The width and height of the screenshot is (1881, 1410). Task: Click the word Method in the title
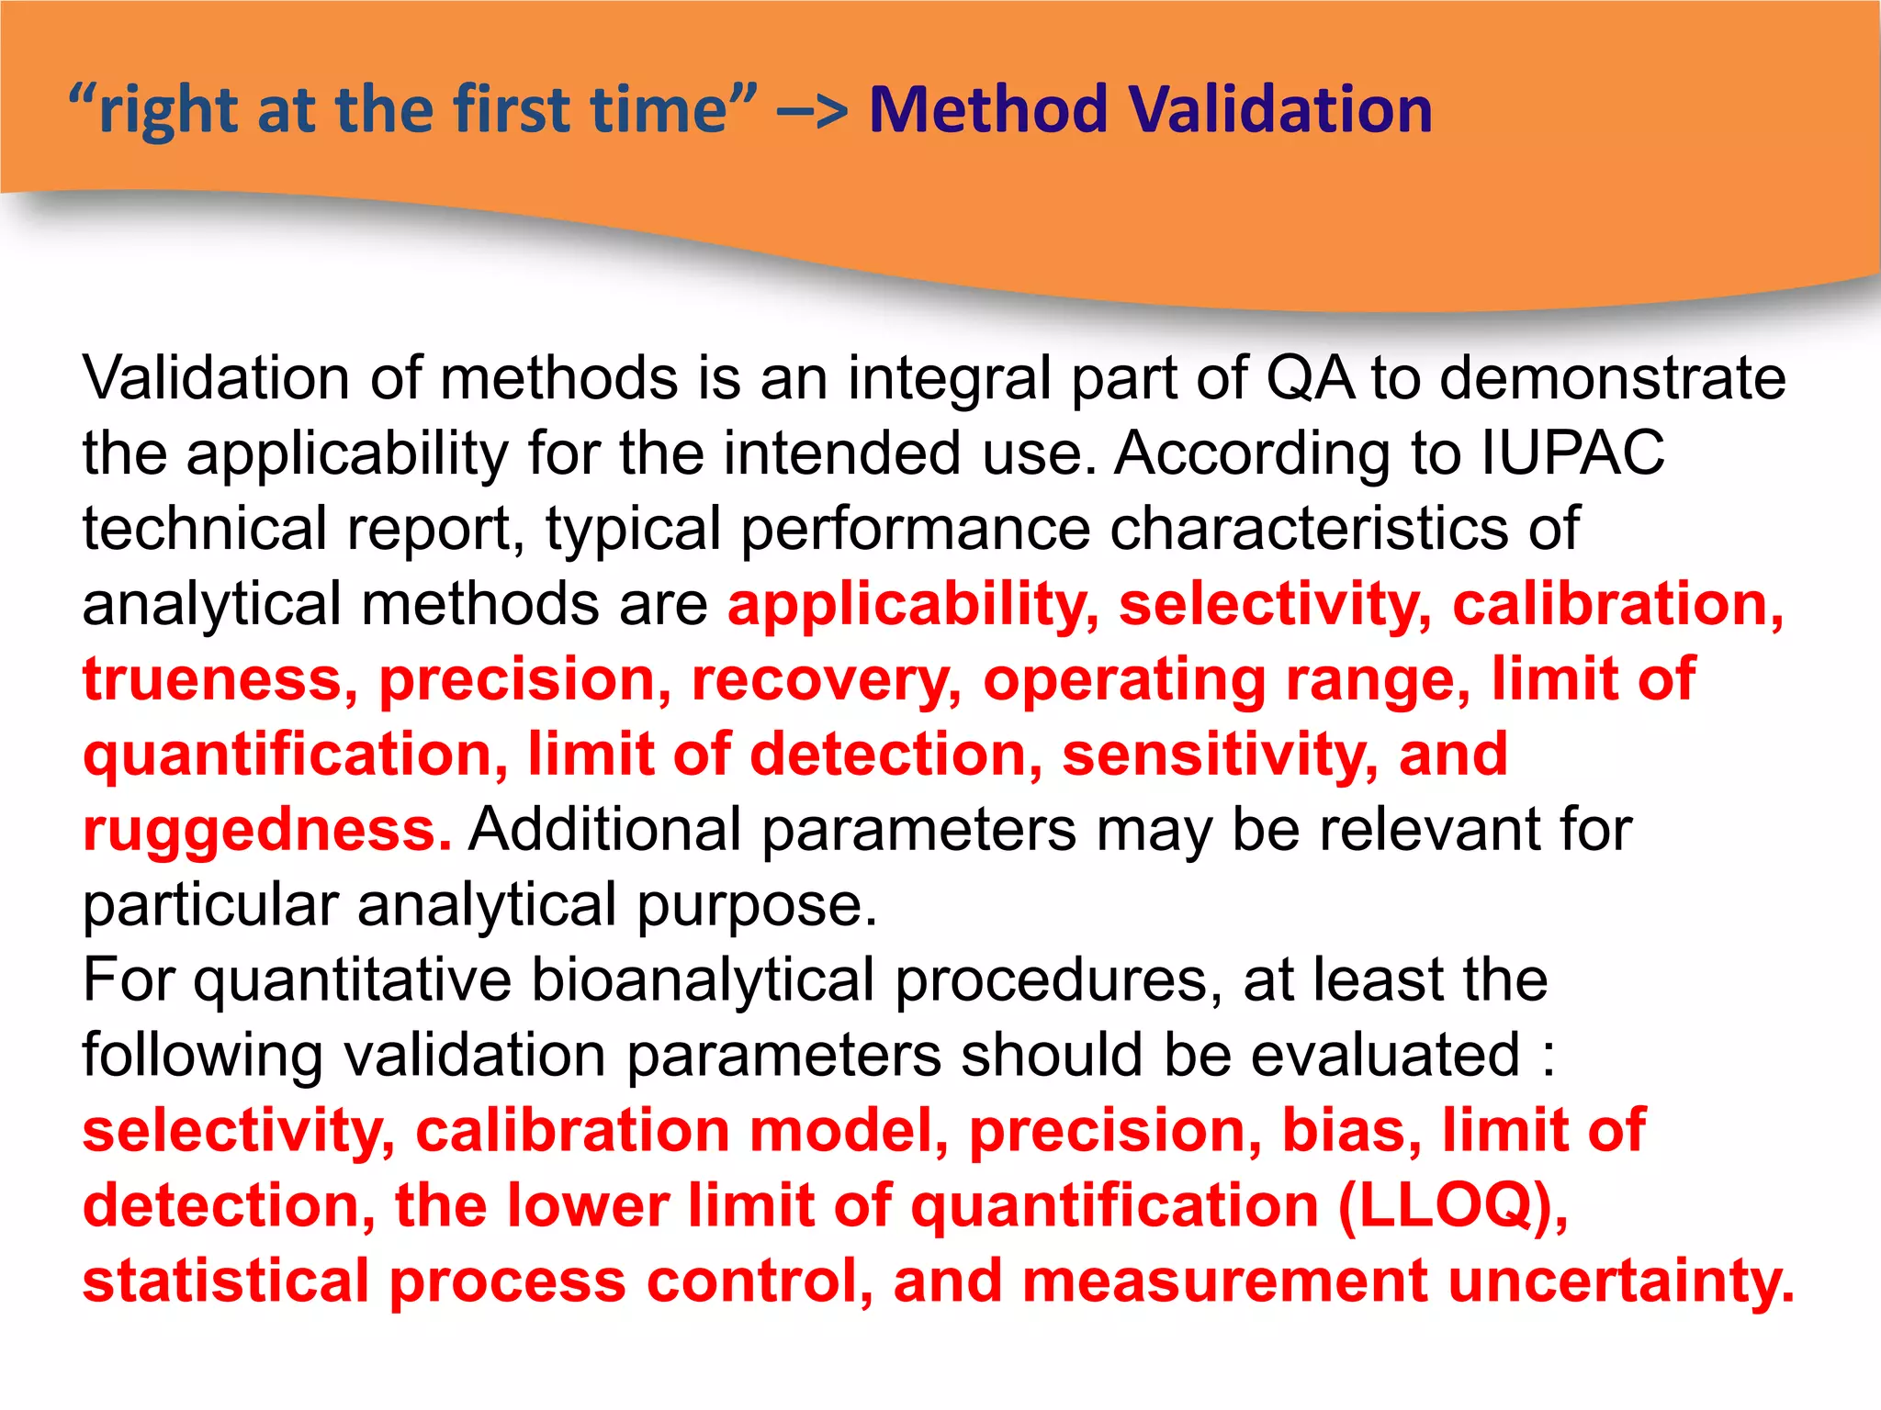click(986, 110)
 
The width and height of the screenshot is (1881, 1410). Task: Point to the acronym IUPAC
click(1572, 453)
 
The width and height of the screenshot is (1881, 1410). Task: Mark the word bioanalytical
click(703, 980)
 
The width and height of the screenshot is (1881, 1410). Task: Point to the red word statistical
click(226, 1281)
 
